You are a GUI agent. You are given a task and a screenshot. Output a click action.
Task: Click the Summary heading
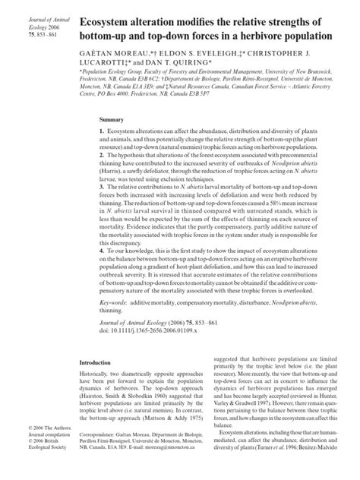[112, 120]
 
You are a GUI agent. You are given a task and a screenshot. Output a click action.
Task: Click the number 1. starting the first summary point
[102, 131]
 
